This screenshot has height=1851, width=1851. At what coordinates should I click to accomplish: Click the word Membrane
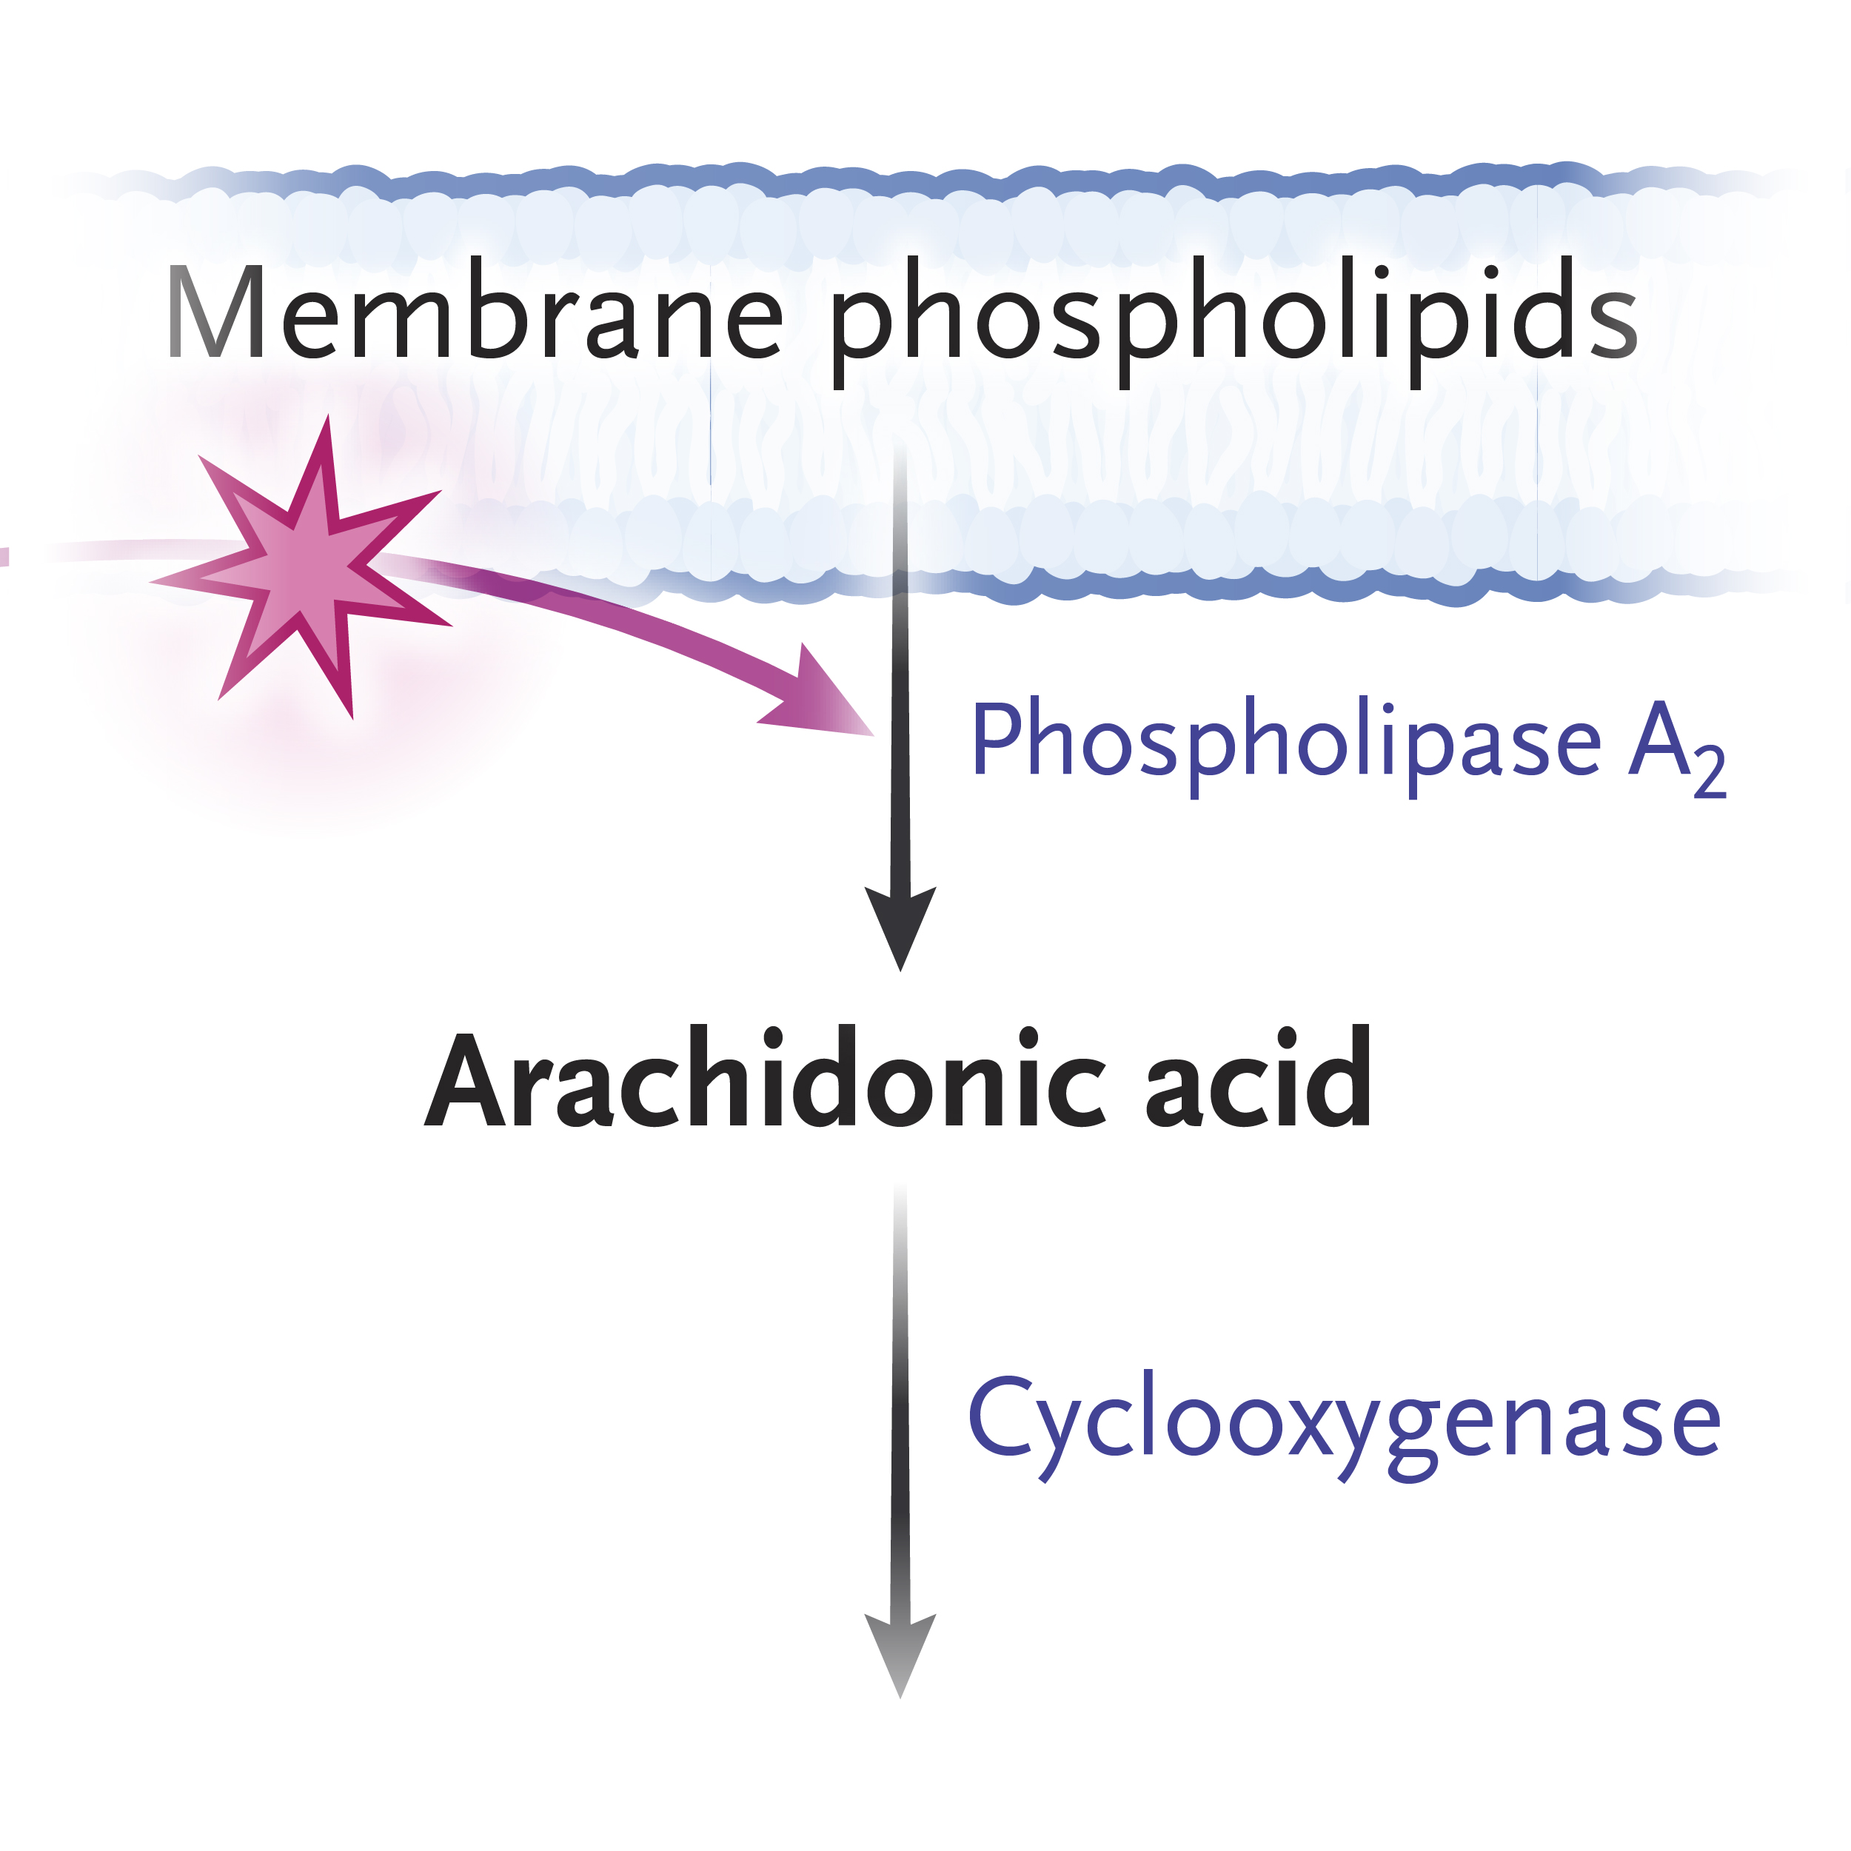pyautogui.click(x=475, y=312)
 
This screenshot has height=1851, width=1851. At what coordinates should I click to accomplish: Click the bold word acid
pyautogui.click(x=1258, y=1081)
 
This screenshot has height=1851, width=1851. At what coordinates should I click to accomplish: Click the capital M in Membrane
pyautogui.click(x=215, y=312)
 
